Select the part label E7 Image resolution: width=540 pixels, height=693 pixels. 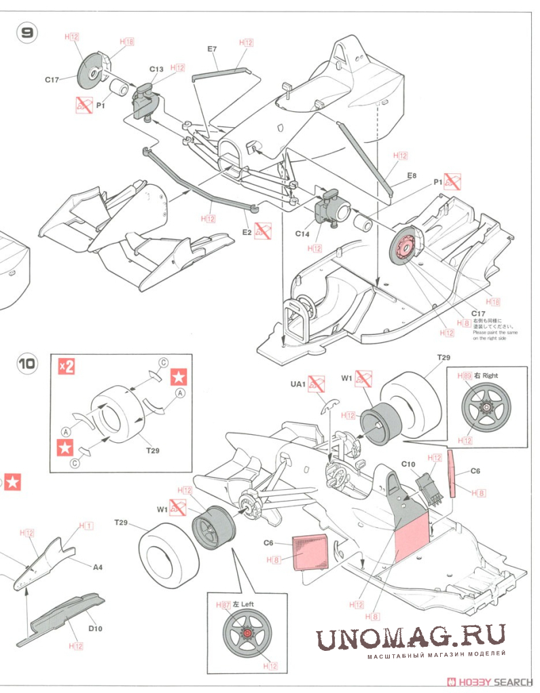(212, 50)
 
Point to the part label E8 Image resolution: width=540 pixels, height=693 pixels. (411, 176)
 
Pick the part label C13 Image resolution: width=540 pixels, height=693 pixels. (157, 69)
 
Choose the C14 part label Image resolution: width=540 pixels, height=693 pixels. (302, 234)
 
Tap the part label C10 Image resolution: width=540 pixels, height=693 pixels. (408, 464)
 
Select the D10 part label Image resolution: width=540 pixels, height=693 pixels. (95, 628)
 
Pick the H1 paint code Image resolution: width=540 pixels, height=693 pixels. (86, 526)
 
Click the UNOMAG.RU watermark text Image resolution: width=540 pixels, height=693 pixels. (411, 638)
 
